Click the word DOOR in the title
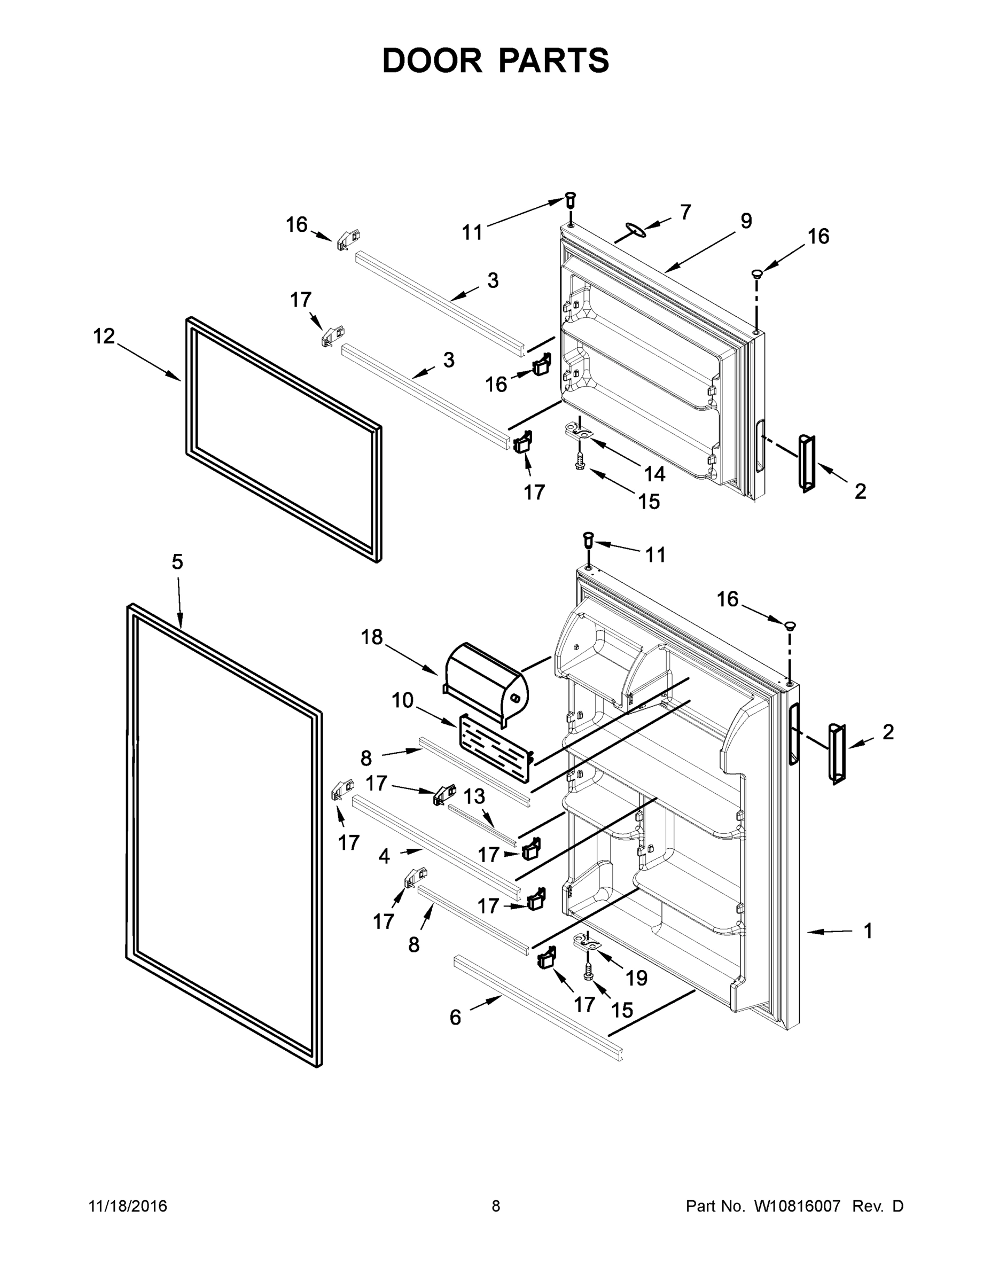tap(432, 60)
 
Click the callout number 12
tap(104, 337)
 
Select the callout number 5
tap(177, 562)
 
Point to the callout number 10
tap(403, 700)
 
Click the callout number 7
tap(685, 212)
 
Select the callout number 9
tap(746, 221)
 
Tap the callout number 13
tap(474, 796)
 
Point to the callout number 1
tap(868, 931)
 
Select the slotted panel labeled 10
tap(494, 748)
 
